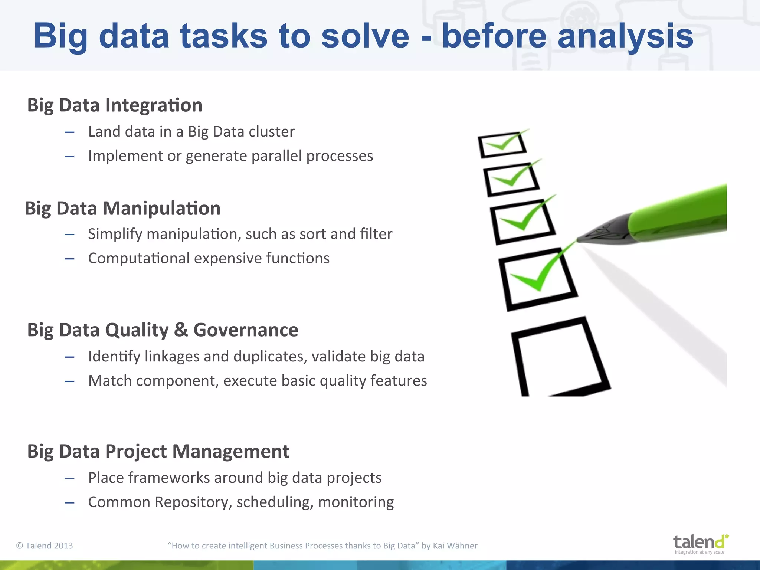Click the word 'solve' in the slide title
(x=365, y=36)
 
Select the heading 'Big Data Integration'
(x=115, y=105)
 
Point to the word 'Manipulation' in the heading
(x=161, y=208)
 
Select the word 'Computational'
(x=139, y=258)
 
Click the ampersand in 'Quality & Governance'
(x=181, y=330)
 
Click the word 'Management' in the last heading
(x=230, y=452)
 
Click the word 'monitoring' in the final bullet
(x=356, y=502)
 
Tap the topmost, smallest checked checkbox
(x=502, y=144)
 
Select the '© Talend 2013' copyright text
(x=45, y=546)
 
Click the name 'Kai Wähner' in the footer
(x=455, y=546)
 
